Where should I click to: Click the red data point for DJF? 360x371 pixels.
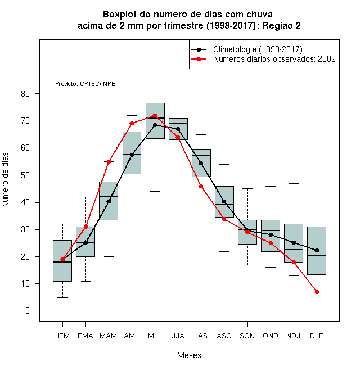[317, 292]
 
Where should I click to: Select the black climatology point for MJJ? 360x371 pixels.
[155, 125]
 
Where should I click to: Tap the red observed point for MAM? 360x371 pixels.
[109, 161]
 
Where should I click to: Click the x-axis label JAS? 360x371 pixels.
[201, 336]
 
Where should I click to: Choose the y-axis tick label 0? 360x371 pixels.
[28, 311]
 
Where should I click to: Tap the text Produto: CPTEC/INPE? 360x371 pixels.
[85, 84]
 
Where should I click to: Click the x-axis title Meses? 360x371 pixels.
[189, 355]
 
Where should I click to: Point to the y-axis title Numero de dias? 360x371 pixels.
[5, 180]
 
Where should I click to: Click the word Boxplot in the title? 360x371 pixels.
[120, 15]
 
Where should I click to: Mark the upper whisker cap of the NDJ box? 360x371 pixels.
[294, 183]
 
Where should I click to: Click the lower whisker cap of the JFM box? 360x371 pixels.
[62, 297]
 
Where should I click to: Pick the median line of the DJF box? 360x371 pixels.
[317, 255]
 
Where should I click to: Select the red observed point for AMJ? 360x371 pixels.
[132, 123]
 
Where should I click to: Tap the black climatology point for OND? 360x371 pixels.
[271, 234]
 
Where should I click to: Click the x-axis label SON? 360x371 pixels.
[247, 336]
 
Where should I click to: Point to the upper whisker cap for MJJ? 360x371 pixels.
[155, 91]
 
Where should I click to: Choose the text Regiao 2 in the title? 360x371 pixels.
[281, 25]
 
